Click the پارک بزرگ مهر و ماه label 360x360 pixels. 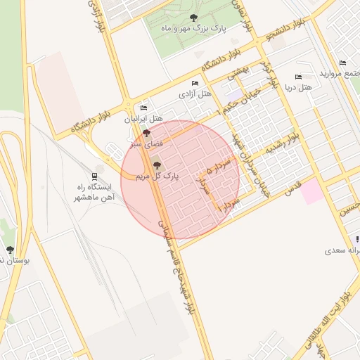(194, 27)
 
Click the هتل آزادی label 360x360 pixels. (195, 93)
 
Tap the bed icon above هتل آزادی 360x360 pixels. (195, 82)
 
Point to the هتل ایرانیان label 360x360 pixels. (144, 119)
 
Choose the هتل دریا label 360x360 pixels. (298, 88)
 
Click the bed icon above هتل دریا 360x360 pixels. (298, 77)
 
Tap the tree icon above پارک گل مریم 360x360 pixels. (156, 166)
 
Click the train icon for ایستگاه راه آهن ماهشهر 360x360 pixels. (94, 176)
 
